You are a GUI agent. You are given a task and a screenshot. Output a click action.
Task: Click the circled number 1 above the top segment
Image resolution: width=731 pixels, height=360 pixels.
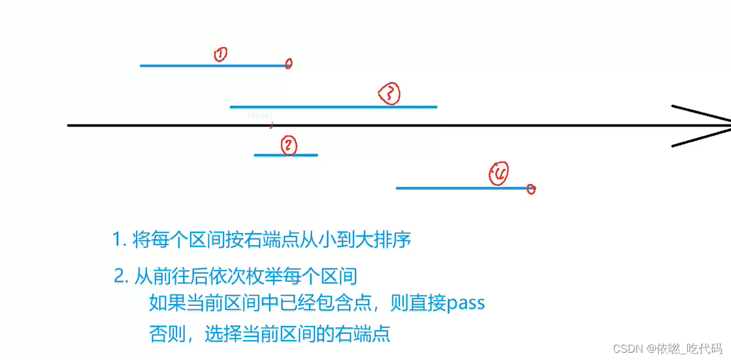point(220,54)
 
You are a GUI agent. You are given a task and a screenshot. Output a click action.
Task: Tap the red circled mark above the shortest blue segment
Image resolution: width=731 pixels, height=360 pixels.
point(289,146)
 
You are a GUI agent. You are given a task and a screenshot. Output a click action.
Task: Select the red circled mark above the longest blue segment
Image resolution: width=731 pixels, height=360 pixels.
point(390,93)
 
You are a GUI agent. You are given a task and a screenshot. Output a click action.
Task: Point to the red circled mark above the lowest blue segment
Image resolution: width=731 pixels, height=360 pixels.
point(499,173)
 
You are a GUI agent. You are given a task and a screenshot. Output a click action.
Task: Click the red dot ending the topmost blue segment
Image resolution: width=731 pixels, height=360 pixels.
point(288,63)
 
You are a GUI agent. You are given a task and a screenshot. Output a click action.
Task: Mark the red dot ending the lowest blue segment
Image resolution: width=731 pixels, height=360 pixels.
point(531,189)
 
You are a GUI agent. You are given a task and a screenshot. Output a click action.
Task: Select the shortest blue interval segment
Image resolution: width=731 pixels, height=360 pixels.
point(285,155)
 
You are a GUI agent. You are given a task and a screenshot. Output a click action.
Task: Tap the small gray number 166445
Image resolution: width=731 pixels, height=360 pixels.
point(260,116)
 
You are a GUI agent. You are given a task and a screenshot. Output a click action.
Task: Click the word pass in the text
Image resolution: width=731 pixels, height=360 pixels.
point(465,303)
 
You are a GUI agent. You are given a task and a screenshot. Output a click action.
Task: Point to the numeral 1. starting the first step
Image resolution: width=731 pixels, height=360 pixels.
point(119,240)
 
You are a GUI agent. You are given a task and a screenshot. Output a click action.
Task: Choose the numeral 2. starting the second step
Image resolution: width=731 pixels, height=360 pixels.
point(120,277)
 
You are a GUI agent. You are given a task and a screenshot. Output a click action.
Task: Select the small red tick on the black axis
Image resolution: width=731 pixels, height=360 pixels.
point(272,125)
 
